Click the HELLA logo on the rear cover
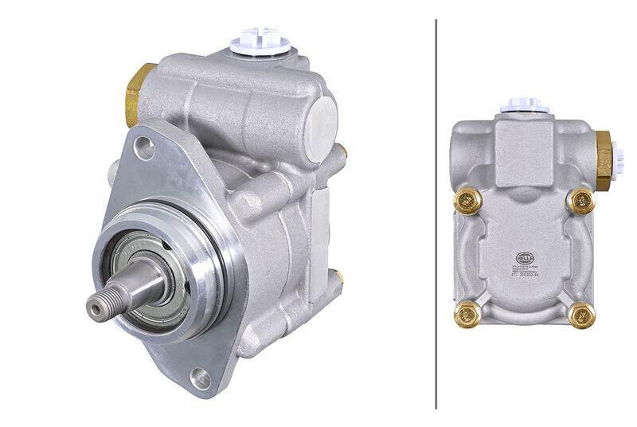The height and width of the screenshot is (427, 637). coord(524,258)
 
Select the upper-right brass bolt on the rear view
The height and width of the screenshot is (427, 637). coord(581,201)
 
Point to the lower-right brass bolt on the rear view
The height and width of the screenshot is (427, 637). coord(582,316)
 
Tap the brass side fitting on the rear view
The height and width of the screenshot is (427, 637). coord(604,159)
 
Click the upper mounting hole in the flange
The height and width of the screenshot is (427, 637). coord(144,145)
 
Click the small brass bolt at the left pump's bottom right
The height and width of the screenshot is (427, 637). coord(338,276)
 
